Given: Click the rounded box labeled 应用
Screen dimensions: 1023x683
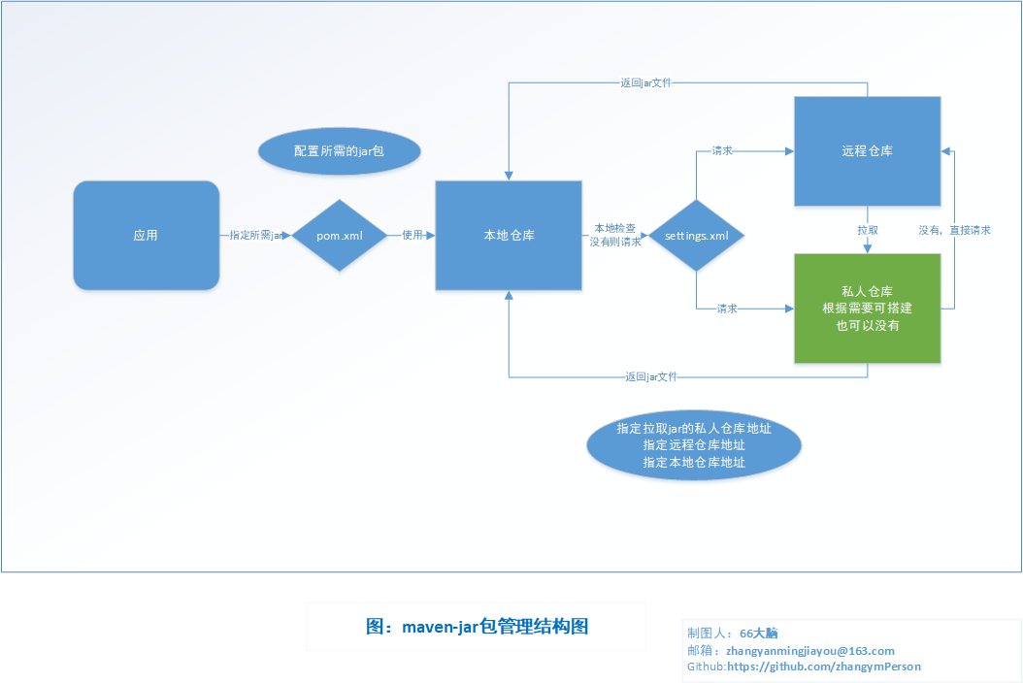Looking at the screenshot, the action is point(147,236).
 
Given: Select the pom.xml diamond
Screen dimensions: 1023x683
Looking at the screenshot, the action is point(340,236).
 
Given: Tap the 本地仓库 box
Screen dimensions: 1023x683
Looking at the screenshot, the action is point(509,236).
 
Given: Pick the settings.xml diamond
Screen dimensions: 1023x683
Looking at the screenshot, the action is point(696,236).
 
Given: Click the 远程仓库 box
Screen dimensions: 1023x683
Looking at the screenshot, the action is point(867,151).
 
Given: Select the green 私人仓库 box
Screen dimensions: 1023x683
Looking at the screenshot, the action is point(867,309).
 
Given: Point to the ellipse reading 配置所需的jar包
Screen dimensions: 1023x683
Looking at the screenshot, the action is point(340,151).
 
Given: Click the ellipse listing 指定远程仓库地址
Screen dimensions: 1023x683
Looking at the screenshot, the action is point(694,445).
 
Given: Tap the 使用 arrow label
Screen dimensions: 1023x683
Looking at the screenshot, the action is point(412,235).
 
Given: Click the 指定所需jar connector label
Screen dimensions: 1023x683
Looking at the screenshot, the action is point(256,235).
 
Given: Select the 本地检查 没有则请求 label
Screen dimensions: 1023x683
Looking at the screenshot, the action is point(614,235).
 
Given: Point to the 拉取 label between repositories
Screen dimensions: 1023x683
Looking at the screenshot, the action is point(868,230).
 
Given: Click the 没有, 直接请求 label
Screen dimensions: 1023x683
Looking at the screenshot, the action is point(954,230).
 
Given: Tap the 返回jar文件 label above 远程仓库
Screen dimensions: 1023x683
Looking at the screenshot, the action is point(645,82).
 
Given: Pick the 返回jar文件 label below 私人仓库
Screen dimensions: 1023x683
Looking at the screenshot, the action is point(651,376).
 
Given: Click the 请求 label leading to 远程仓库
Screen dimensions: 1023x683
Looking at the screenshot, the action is point(722,150).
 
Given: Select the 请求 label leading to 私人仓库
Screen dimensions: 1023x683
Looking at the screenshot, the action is point(727,309).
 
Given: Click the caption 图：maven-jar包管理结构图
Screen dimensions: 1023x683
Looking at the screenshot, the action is point(477,627).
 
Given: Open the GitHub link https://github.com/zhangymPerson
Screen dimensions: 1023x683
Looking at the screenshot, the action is point(824,667).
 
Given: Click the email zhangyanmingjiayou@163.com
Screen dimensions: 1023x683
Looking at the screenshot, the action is point(809,650).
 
